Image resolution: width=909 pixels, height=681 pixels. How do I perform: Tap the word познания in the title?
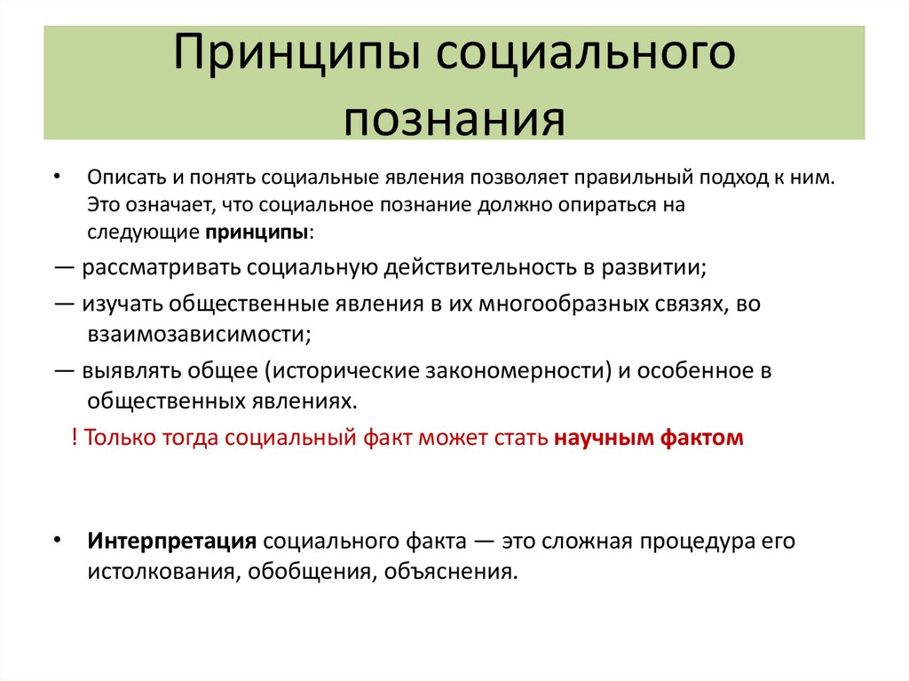(454, 119)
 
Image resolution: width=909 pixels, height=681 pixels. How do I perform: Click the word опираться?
(613, 204)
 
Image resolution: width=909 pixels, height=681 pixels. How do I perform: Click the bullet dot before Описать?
(57, 177)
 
